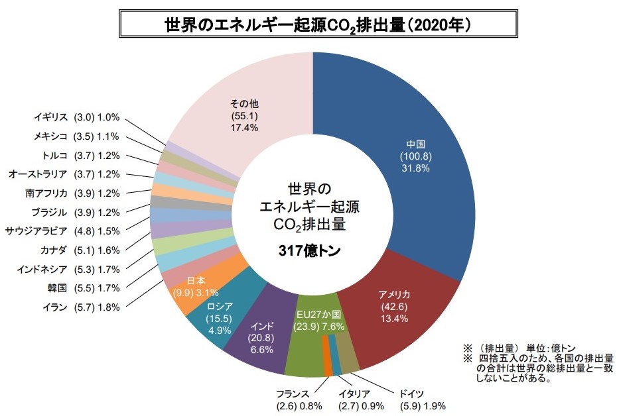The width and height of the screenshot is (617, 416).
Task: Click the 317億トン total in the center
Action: tap(310, 251)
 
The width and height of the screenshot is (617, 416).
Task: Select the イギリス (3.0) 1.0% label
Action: tap(77, 117)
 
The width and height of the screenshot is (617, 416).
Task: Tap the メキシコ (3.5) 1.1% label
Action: tap(76, 136)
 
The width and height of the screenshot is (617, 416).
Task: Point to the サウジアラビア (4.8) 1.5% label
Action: tap(62, 231)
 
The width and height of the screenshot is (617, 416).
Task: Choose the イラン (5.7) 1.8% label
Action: tap(80, 307)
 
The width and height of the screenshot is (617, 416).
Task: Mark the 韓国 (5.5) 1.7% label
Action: tap(80, 288)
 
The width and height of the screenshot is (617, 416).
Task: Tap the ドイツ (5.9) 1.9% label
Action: tap(421, 399)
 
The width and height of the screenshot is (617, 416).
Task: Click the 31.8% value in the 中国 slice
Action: tap(415, 168)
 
